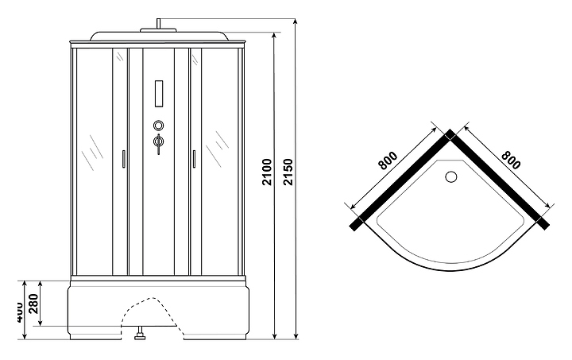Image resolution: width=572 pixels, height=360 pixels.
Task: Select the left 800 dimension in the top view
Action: (388, 161)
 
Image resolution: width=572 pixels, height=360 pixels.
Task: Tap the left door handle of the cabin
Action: (123, 159)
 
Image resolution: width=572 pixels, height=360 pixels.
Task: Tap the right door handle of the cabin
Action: (193, 159)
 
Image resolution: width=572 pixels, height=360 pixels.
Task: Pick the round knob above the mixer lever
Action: (157, 125)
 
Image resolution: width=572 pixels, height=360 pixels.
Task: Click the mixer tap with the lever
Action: (157, 143)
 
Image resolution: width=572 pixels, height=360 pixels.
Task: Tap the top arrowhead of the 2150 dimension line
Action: (296, 17)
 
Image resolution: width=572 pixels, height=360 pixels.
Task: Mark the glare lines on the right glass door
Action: (216, 145)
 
